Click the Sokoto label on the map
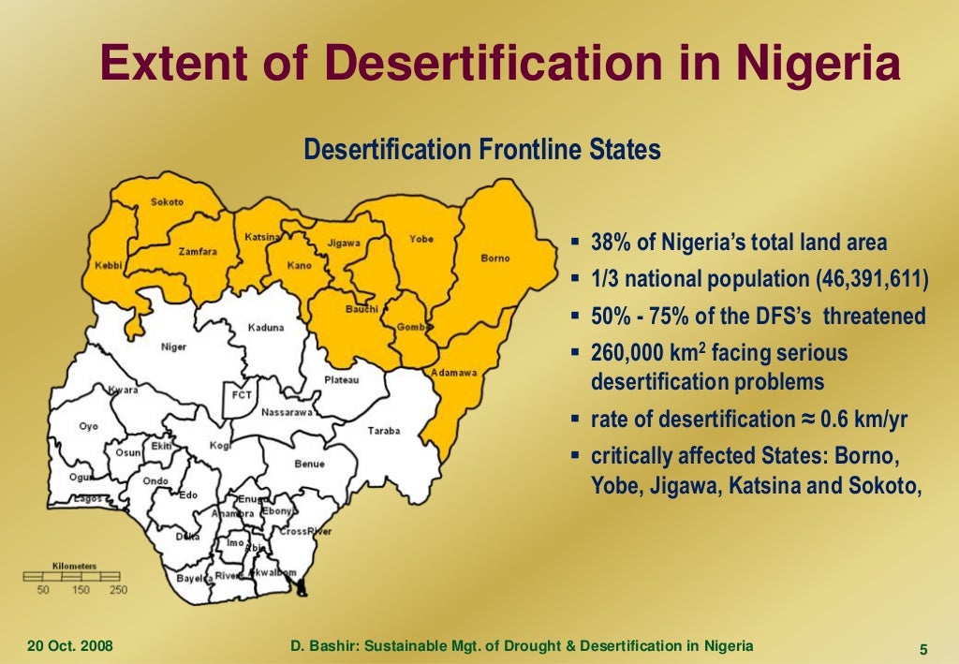pyautogui.click(x=168, y=202)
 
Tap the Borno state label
pyautogui.click(x=495, y=258)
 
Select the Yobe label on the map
pyautogui.click(x=421, y=239)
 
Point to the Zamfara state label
pyautogui.click(x=198, y=251)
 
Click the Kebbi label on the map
pyautogui.click(x=109, y=266)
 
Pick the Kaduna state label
pyautogui.click(x=266, y=328)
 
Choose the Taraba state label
pyautogui.click(x=383, y=431)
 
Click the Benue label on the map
pyautogui.click(x=309, y=464)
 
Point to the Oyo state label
pyautogui.click(x=88, y=426)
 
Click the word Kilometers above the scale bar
pyautogui.click(x=74, y=566)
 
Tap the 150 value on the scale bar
pyautogui.click(x=81, y=590)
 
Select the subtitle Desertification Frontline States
pyautogui.click(x=482, y=150)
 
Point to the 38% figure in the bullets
pyautogui.click(x=612, y=243)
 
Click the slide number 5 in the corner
pyautogui.click(x=923, y=651)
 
